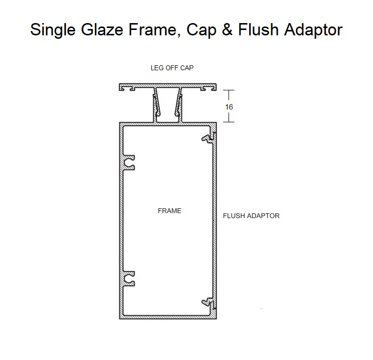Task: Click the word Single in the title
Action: [x=53, y=30]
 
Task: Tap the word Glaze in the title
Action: [x=102, y=30]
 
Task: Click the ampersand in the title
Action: [x=227, y=30]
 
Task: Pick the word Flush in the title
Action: [x=258, y=29]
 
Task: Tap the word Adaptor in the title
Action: [x=314, y=30]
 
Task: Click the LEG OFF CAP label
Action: [x=172, y=68]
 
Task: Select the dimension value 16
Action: [x=229, y=107]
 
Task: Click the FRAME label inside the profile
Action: [x=170, y=211]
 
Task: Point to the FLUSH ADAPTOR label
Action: [x=251, y=216]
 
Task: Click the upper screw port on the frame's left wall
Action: [x=129, y=163]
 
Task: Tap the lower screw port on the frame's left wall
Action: [x=129, y=278]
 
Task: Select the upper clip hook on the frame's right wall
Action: [x=209, y=138]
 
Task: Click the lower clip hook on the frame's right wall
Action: [x=209, y=303]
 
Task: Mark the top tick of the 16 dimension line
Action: [x=229, y=90]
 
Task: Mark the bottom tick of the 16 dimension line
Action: [x=229, y=122]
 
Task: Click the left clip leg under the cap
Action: [x=156, y=105]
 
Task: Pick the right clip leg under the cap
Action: [x=179, y=105]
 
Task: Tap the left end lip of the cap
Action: [x=122, y=87]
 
